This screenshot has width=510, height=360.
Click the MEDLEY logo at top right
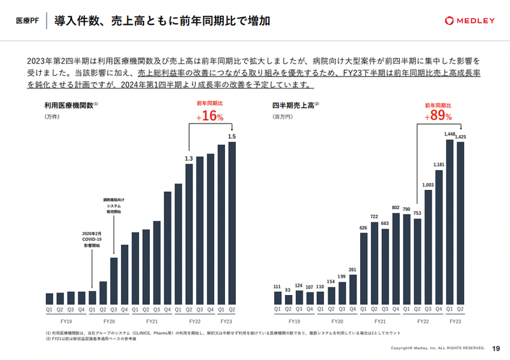(x=469, y=21)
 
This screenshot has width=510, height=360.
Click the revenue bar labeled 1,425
(x=460, y=223)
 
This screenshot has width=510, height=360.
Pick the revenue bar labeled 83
(x=288, y=299)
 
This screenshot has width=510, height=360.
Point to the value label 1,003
(x=428, y=185)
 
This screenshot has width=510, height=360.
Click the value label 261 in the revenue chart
(x=353, y=270)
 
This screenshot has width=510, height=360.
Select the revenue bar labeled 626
(x=363, y=268)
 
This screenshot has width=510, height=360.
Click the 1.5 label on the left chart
(x=231, y=136)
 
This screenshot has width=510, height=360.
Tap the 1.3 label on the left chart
(x=189, y=159)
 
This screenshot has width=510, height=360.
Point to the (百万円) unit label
(x=282, y=117)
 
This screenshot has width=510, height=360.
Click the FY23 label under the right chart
(x=455, y=322)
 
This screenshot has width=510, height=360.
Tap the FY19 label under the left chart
(x=65, y=322)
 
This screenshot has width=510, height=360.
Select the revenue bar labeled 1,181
(x=439, y=238)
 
